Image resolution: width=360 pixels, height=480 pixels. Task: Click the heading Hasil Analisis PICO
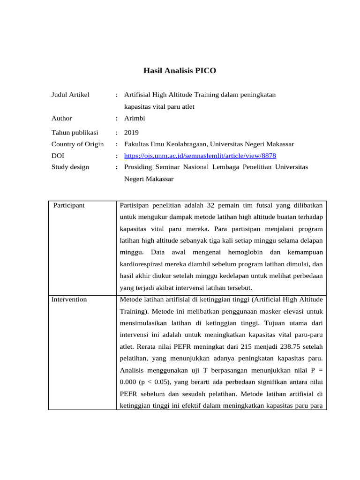tap(180, 71)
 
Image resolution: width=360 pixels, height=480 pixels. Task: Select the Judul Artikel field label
tap(70, 95)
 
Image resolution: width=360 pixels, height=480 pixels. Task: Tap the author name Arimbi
tap(135, 119)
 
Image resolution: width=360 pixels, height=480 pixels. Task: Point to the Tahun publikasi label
tap(75, 133)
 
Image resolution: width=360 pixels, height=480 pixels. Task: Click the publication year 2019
tap(132, 133)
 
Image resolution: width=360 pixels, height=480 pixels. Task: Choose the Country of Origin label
tap(77, 144)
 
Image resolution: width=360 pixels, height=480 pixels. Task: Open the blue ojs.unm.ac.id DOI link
tap(203, 156)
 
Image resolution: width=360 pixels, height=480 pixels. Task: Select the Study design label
tap(70, 167)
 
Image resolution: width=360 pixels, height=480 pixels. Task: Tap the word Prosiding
tap(139, 167)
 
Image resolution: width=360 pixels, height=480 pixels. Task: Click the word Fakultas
tap(137, 144)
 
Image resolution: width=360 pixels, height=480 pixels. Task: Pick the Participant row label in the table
tap(69, 205)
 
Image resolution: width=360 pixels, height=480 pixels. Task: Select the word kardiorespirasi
tap(142, 264)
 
